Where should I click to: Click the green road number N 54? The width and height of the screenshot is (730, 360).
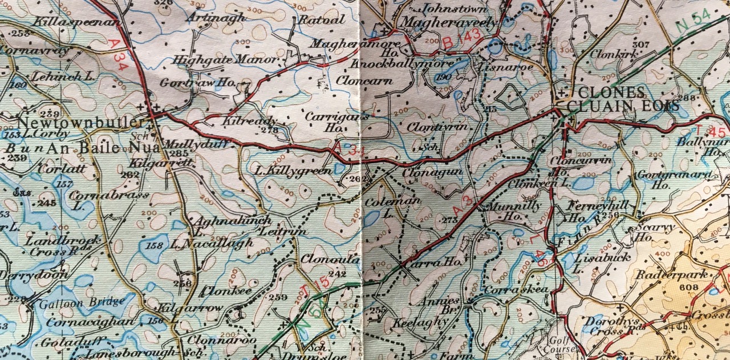click(693, 20)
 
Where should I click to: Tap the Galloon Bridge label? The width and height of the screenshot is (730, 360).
click(82, 302)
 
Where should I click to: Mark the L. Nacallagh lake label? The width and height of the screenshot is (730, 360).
click(212, 244)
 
